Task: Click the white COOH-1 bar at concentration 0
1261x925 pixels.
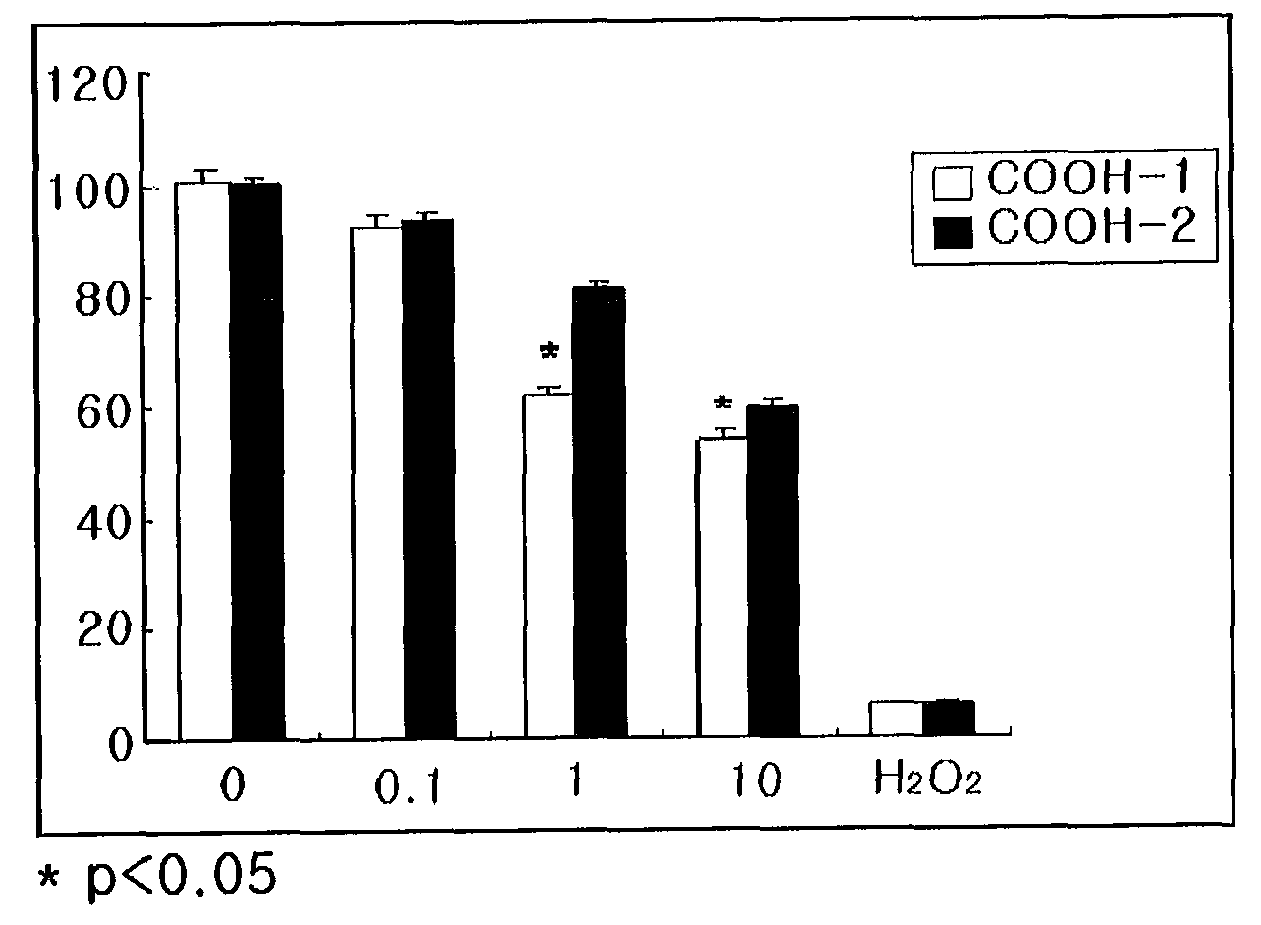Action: tap(204, 461)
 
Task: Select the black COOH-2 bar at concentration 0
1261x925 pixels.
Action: tap(256, 461)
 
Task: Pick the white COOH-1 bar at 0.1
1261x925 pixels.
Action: tap(378, 482)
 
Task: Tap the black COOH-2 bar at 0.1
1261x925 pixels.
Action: tap(429, 478)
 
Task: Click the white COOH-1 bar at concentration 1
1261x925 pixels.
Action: tap(549, 565)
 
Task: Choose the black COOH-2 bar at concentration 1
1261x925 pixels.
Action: tap(599, 512)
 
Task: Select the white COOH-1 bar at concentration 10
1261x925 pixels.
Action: tap(722, 586)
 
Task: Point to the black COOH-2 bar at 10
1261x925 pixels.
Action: tap(774, 570)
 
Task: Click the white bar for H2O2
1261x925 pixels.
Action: tap(897, 717)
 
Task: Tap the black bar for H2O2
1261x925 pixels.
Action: tap(949, 717)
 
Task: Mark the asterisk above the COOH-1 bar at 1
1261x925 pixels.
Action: tap(549, 352)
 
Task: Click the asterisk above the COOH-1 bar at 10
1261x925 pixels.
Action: tap(722, 404)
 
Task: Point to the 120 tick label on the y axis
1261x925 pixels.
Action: tap(87, 84)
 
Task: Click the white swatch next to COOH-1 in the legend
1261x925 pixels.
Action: tap(952, 183)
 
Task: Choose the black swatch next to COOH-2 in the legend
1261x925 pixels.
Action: tap(953, 233)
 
